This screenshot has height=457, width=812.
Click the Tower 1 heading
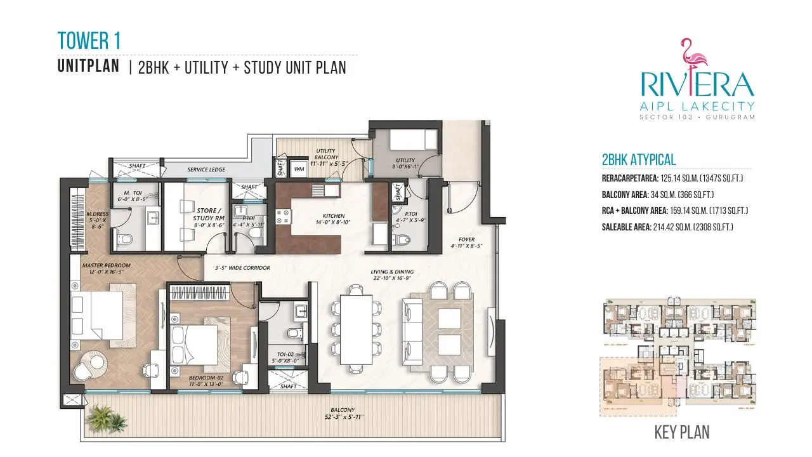click(89, 41)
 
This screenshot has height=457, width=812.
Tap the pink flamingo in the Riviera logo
click(695, 57)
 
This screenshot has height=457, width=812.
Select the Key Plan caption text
click(681, 432)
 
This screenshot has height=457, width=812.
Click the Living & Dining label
click(392, 275)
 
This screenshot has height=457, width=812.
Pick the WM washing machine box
click(299, 169)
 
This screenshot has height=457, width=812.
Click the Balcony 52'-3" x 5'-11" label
click(346, 413)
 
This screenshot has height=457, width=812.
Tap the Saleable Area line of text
click(667, 227)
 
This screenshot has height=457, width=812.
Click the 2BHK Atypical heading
click(638, 160)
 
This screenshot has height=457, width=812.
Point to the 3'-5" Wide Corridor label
click(242, 268)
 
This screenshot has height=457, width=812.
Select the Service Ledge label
click(206, 169)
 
